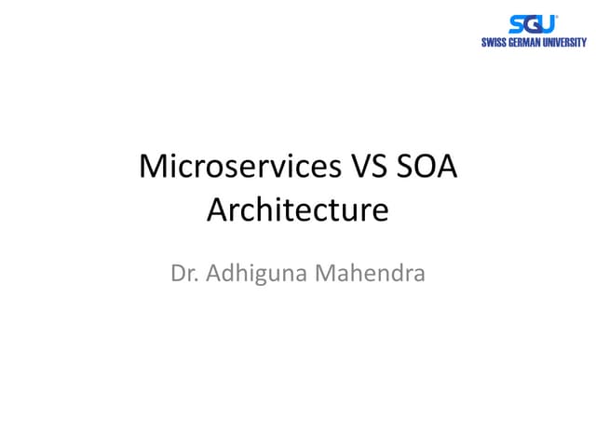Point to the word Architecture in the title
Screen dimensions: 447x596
pos(297,210)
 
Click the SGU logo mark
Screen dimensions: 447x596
pos(533,24)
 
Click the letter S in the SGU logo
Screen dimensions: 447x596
pos(517,25)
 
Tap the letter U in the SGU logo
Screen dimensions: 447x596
pos(548,25)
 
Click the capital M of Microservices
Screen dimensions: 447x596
pos(152,168)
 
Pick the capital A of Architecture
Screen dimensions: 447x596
pos(218,210)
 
